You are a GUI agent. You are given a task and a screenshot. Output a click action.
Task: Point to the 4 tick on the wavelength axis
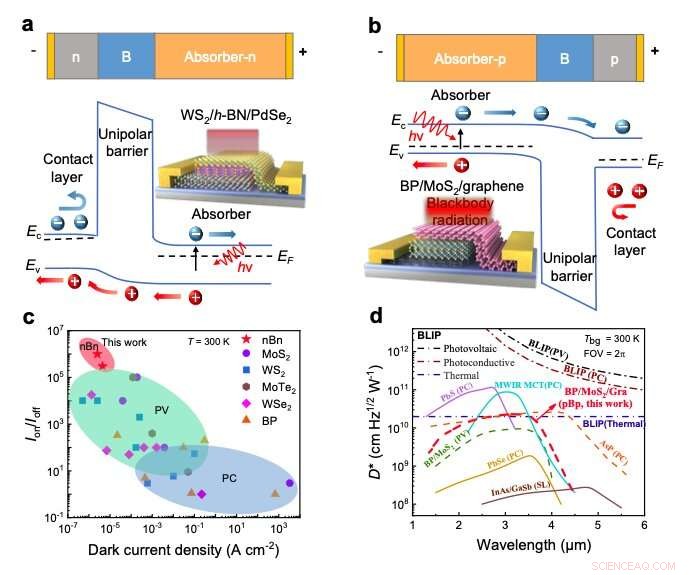(551, 524)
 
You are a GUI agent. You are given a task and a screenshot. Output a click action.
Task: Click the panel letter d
(374, 317)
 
